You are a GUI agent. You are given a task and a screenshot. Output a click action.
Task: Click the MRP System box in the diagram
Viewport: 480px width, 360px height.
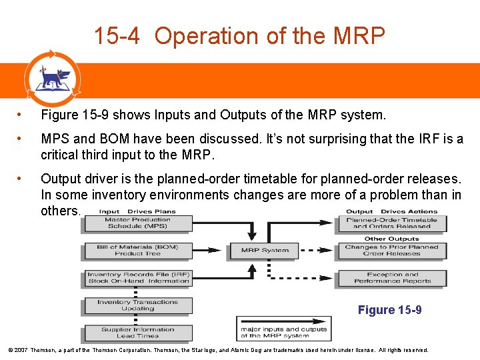click(265, 251)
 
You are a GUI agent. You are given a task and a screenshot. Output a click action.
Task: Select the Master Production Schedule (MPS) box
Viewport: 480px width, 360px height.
click(138, 223)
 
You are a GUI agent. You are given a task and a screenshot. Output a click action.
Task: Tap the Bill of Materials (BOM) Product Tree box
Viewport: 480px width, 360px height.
click(138, 250)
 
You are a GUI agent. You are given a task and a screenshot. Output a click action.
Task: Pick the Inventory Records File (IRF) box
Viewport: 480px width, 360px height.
click(138, 277)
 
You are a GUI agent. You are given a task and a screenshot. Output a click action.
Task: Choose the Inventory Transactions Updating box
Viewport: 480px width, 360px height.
click(138, 305)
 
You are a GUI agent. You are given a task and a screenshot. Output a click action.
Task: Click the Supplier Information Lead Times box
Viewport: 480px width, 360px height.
click(138, 332)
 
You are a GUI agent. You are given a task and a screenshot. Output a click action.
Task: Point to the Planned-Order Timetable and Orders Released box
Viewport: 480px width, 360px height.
click(391, 223)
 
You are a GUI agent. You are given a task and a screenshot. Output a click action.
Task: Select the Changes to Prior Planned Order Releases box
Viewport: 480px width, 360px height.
click(391, 250)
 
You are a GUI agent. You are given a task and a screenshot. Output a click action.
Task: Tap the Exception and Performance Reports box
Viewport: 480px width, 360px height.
click(391, 277)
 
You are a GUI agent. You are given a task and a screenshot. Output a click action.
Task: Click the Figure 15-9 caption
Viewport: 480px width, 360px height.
click(390, 310)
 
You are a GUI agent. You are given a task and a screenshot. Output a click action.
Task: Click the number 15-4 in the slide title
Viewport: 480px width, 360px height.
click(117, 35)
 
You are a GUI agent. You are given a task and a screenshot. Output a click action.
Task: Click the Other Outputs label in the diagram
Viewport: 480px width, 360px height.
click(391, 239)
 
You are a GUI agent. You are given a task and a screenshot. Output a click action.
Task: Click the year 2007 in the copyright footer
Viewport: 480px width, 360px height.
click(21, 349)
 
